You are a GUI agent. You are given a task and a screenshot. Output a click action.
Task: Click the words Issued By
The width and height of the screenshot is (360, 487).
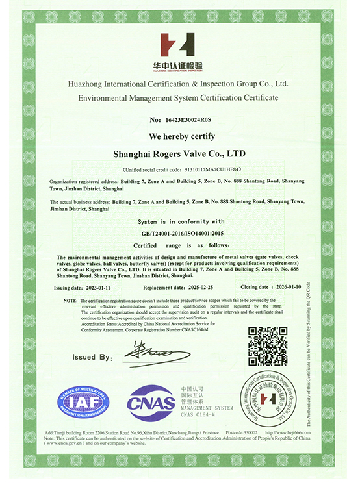click(93, 357)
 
